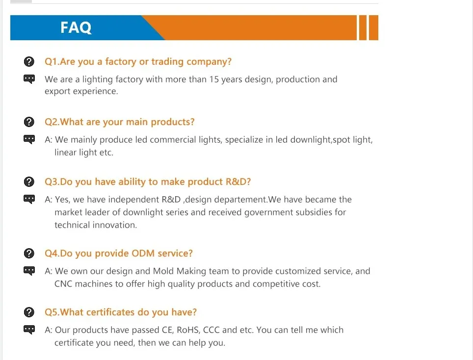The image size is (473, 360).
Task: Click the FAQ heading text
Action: coord(76,27)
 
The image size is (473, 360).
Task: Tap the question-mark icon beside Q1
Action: coord(29,61)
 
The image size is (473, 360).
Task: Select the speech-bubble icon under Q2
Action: coord(29,139)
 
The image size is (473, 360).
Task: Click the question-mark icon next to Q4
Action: coord(29,253)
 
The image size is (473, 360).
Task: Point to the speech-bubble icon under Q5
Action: coord(29,330)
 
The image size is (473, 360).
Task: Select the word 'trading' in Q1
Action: coord(167,62)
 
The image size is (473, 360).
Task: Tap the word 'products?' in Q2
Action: coord(173,122)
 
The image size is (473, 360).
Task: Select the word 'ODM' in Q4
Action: coord(143,253)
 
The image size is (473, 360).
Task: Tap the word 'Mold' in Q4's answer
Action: coord(163,271)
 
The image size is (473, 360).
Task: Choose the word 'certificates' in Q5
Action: coord(110,312)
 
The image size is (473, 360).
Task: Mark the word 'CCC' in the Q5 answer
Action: coord(211,330)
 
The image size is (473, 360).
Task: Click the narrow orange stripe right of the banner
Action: coord(363,27)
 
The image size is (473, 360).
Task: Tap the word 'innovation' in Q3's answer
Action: coord(114,225)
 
